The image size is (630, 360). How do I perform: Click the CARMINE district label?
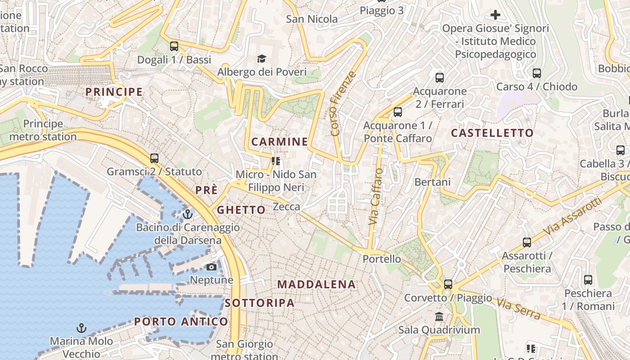tap(279, 142)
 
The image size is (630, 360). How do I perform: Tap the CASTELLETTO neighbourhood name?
tap(492, 133)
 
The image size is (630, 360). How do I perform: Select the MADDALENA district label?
tap(316, 284)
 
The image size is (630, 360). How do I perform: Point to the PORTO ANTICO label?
tap(181, 322)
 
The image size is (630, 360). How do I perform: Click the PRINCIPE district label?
tap(114, 92)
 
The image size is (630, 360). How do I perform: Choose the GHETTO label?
tap(241, 210)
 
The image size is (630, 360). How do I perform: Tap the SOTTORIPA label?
tap(260, 303)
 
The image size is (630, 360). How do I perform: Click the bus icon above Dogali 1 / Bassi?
tap(174, 46)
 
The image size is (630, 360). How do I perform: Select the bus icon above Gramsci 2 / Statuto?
tap(154, 158)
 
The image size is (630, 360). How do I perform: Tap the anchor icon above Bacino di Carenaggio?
tap(188, 214)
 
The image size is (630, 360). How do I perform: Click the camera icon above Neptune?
tap(211, 267)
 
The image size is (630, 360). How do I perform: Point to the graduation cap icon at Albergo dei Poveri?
tap(261, 58)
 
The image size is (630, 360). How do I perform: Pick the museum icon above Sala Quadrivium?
tap(439, 316)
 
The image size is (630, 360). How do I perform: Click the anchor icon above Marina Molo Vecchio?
tap(81, 328)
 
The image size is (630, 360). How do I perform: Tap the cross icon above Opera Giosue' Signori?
tap(495, 15)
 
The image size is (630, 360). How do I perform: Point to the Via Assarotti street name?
tap(572, 216)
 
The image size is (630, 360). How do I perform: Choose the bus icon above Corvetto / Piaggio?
tap(448, 284)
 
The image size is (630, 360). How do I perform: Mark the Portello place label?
tap(382, 259)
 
